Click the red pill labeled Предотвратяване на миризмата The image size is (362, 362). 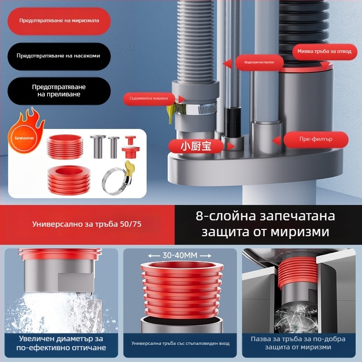(59, 21)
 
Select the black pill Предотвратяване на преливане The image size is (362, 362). (59, 90)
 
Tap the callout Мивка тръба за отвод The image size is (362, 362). (324, 51)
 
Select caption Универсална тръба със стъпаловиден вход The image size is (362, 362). (180, 343)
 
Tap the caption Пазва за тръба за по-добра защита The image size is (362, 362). (298, 343)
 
